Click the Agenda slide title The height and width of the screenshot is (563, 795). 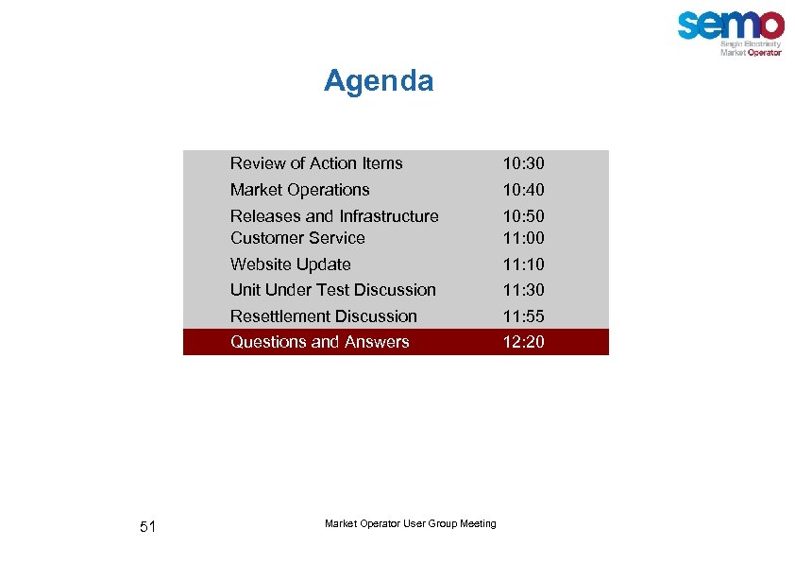379,81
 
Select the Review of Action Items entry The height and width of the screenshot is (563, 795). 316,163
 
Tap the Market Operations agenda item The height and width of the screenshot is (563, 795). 299,190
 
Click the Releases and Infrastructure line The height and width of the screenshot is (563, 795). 334,216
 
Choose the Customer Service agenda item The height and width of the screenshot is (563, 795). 297,238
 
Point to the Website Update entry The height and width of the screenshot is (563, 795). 290,264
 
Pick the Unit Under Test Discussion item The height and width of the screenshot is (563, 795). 332,290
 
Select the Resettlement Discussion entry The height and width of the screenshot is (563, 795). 323,316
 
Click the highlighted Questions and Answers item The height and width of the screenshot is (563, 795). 319,342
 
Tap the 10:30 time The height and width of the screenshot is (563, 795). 523,164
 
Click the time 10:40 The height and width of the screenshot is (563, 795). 523,191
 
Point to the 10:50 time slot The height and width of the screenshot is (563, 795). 523,217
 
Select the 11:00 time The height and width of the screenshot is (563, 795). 523,239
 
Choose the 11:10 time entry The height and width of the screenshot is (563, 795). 523,265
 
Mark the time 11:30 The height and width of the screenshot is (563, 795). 523,291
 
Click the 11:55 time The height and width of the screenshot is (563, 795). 523,317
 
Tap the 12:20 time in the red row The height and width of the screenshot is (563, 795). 523,343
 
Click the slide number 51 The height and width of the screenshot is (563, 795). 147,527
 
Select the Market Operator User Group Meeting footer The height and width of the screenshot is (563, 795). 410,524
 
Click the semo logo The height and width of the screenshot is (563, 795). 731,31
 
